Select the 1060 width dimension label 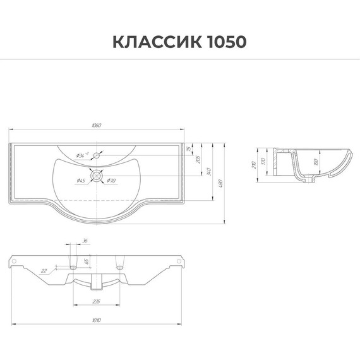[x=95, y=126]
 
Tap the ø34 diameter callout [x=80, y=155]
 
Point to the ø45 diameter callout [x=81, y=182]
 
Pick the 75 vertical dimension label [x=189, y=150]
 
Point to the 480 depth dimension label [x=220, y=183]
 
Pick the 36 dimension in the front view [x=85, y=241]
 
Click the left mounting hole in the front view [x=13, y=260]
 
